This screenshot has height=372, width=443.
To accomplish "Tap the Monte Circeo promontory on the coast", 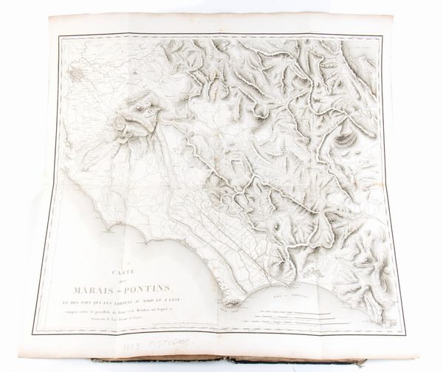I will click(x=232, y=302).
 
